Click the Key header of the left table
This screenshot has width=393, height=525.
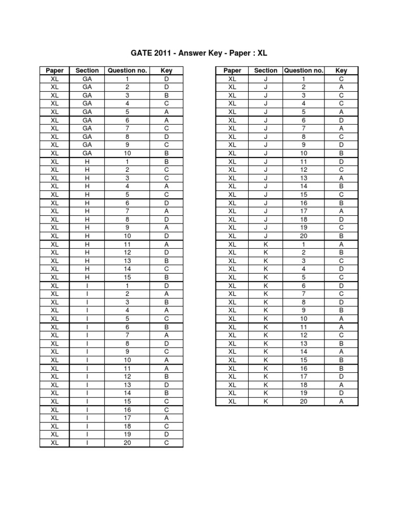[166, 71]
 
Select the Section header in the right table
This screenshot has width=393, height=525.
[266, 71]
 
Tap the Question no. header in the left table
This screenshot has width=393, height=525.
[127, 71]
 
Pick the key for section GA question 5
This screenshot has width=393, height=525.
[166, 112]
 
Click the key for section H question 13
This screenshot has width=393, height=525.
[166, 260]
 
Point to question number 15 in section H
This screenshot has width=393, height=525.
[127, 277]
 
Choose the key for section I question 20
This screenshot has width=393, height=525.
[166, 442]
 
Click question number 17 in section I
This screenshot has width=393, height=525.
[127, 418]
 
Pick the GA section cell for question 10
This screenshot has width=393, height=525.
[87, 153]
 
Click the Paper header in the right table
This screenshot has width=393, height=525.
[232, 71]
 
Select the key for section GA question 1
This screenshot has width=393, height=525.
[166, 79]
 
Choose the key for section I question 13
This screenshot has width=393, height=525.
[166, 385]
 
